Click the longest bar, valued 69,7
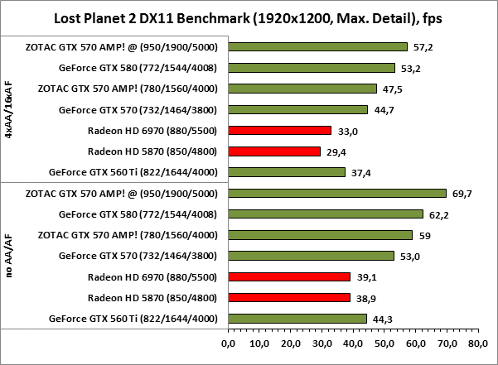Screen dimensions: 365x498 [x=336, y=194]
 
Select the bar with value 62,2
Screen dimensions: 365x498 [x=324, y=214]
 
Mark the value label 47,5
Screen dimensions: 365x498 [x=390, y=89]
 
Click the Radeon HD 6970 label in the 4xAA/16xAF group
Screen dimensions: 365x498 [x=152, y=130]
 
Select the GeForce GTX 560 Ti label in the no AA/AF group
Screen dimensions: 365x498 [x=133, y=318]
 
